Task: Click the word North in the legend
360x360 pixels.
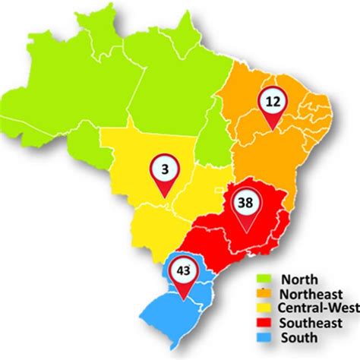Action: (297, 279)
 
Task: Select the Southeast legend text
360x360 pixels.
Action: (310, 322)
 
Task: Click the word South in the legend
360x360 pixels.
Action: (297, 336)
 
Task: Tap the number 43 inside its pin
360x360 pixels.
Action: (183, 269)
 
